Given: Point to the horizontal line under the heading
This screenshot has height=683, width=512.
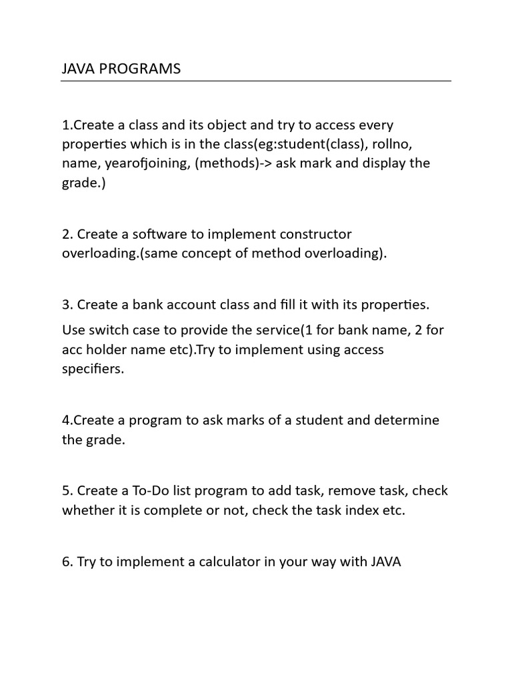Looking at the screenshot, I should pos(256,81).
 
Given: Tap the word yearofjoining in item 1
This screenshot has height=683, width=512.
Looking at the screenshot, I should pos(145,163).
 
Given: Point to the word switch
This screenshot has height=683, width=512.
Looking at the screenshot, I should pos(107,330).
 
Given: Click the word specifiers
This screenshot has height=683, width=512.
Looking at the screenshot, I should pos(93,369).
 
